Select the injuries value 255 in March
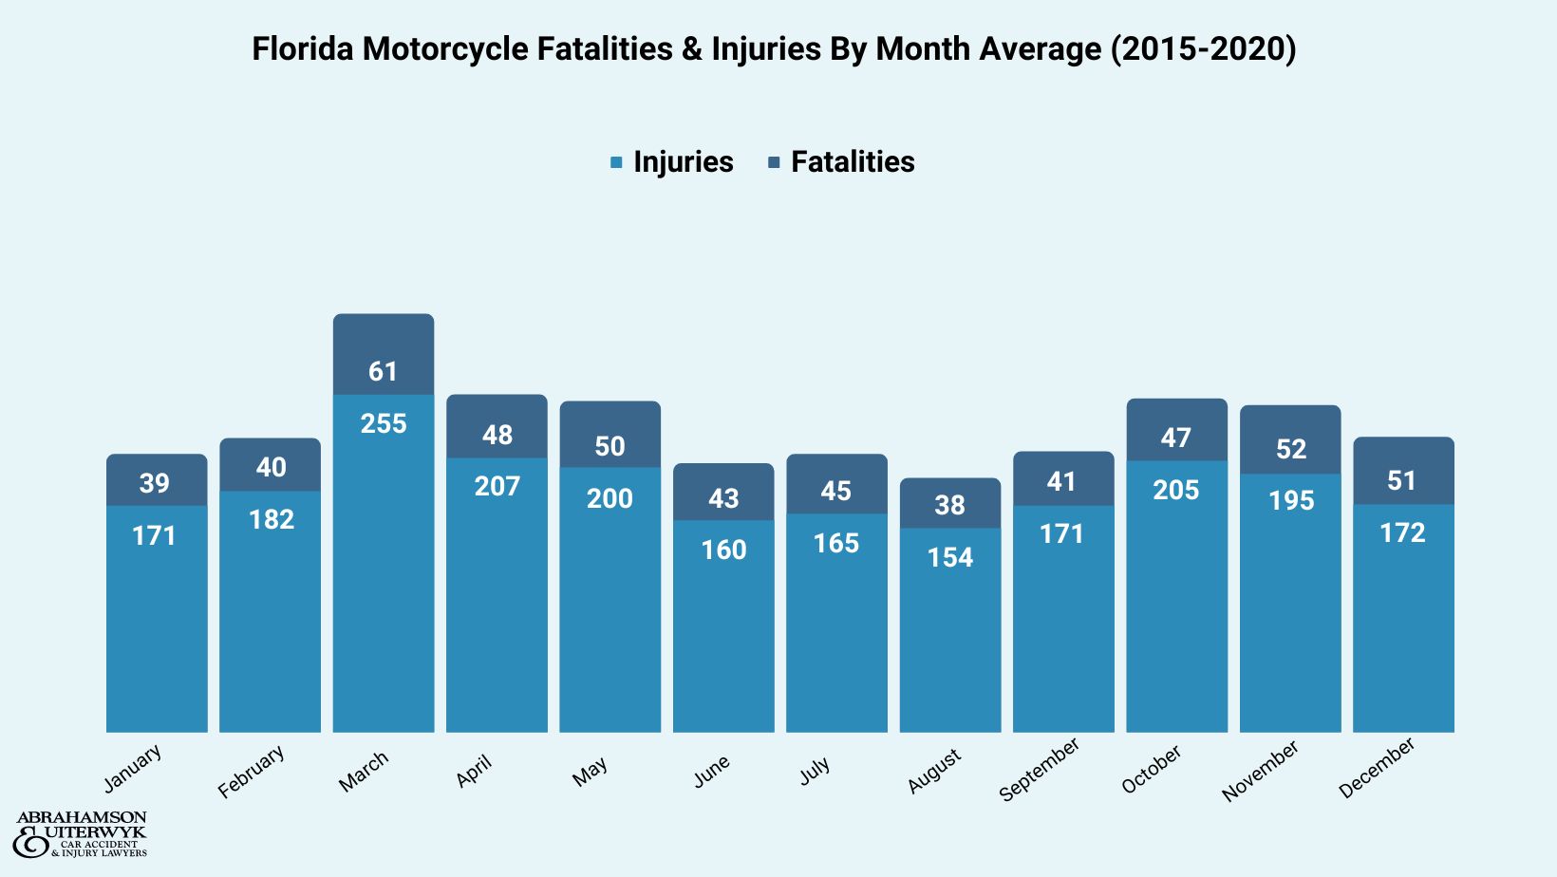click(384, 423)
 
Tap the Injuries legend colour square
click(616, 163)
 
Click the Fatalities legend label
click(852, 162)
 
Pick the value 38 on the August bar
click(949, 505)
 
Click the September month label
click(1040, 770)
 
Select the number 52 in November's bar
click(1290, 449)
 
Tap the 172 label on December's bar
click(1402, 532)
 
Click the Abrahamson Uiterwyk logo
click(81, 834)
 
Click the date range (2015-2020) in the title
click(1203, 48)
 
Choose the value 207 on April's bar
click(497, 486)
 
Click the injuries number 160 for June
click(723, 550)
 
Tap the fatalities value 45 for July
click(836, 491)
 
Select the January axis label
click(133, 769)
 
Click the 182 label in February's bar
click(271, 519)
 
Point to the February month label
click(251, 772)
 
